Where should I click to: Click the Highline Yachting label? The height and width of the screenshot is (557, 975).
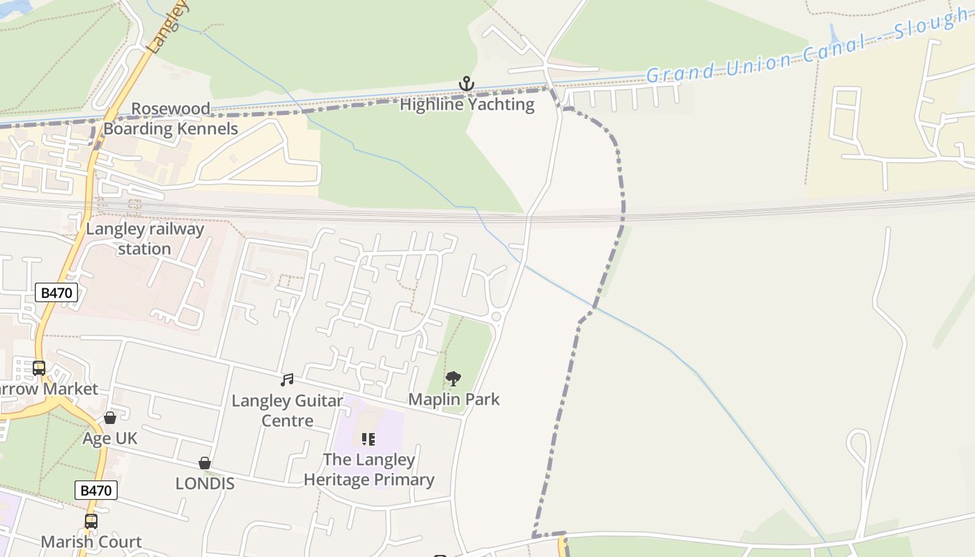467,104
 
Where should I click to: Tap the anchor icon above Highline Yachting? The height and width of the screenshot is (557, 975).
466,84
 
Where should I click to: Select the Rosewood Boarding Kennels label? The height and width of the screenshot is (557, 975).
171,118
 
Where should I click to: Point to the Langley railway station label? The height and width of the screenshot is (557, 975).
145,239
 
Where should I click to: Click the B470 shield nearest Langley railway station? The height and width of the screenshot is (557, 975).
56,292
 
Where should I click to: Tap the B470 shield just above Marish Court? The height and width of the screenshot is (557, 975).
95,490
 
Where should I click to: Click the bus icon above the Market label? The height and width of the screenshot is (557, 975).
39,368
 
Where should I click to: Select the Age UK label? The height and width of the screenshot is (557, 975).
110,438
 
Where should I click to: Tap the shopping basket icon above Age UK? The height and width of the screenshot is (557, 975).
110,418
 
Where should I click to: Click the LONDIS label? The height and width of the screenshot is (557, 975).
205,483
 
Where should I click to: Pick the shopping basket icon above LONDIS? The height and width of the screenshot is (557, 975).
205,463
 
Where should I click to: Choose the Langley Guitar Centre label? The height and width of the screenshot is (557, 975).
287,410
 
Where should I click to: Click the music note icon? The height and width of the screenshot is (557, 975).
287,380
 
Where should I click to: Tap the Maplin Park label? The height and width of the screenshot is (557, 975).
453,399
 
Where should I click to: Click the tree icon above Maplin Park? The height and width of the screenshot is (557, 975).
453,379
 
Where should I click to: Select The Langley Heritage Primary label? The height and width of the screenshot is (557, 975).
369,469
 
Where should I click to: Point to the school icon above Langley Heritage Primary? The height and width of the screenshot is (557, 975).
368,439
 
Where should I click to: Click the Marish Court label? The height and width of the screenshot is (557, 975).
91,542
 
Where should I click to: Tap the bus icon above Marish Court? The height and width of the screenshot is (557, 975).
91,521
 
